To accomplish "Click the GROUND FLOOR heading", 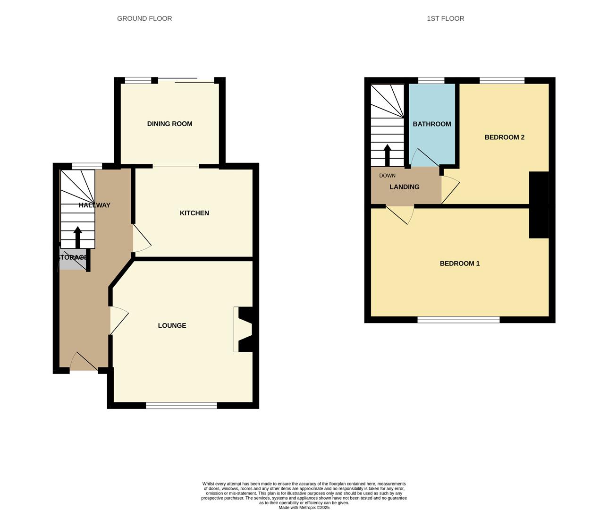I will click(144, 18).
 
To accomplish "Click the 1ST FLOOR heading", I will click(445, 18).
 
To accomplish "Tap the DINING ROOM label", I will click(169, 124).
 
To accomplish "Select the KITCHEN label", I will click(194, 213).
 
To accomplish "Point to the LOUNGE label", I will click(172, 325).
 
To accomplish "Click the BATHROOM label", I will click(431, 124).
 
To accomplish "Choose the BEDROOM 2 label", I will click(504, 137).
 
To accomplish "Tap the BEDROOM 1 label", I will click(459, 263).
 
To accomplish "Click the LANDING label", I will click(404, 187).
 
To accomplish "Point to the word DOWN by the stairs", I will click(387, 176).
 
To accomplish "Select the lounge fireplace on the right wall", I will click(244, 330).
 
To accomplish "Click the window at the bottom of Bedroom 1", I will click(458, 320).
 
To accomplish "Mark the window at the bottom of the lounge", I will click(181, 405).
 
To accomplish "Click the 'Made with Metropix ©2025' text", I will click(304, 508).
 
